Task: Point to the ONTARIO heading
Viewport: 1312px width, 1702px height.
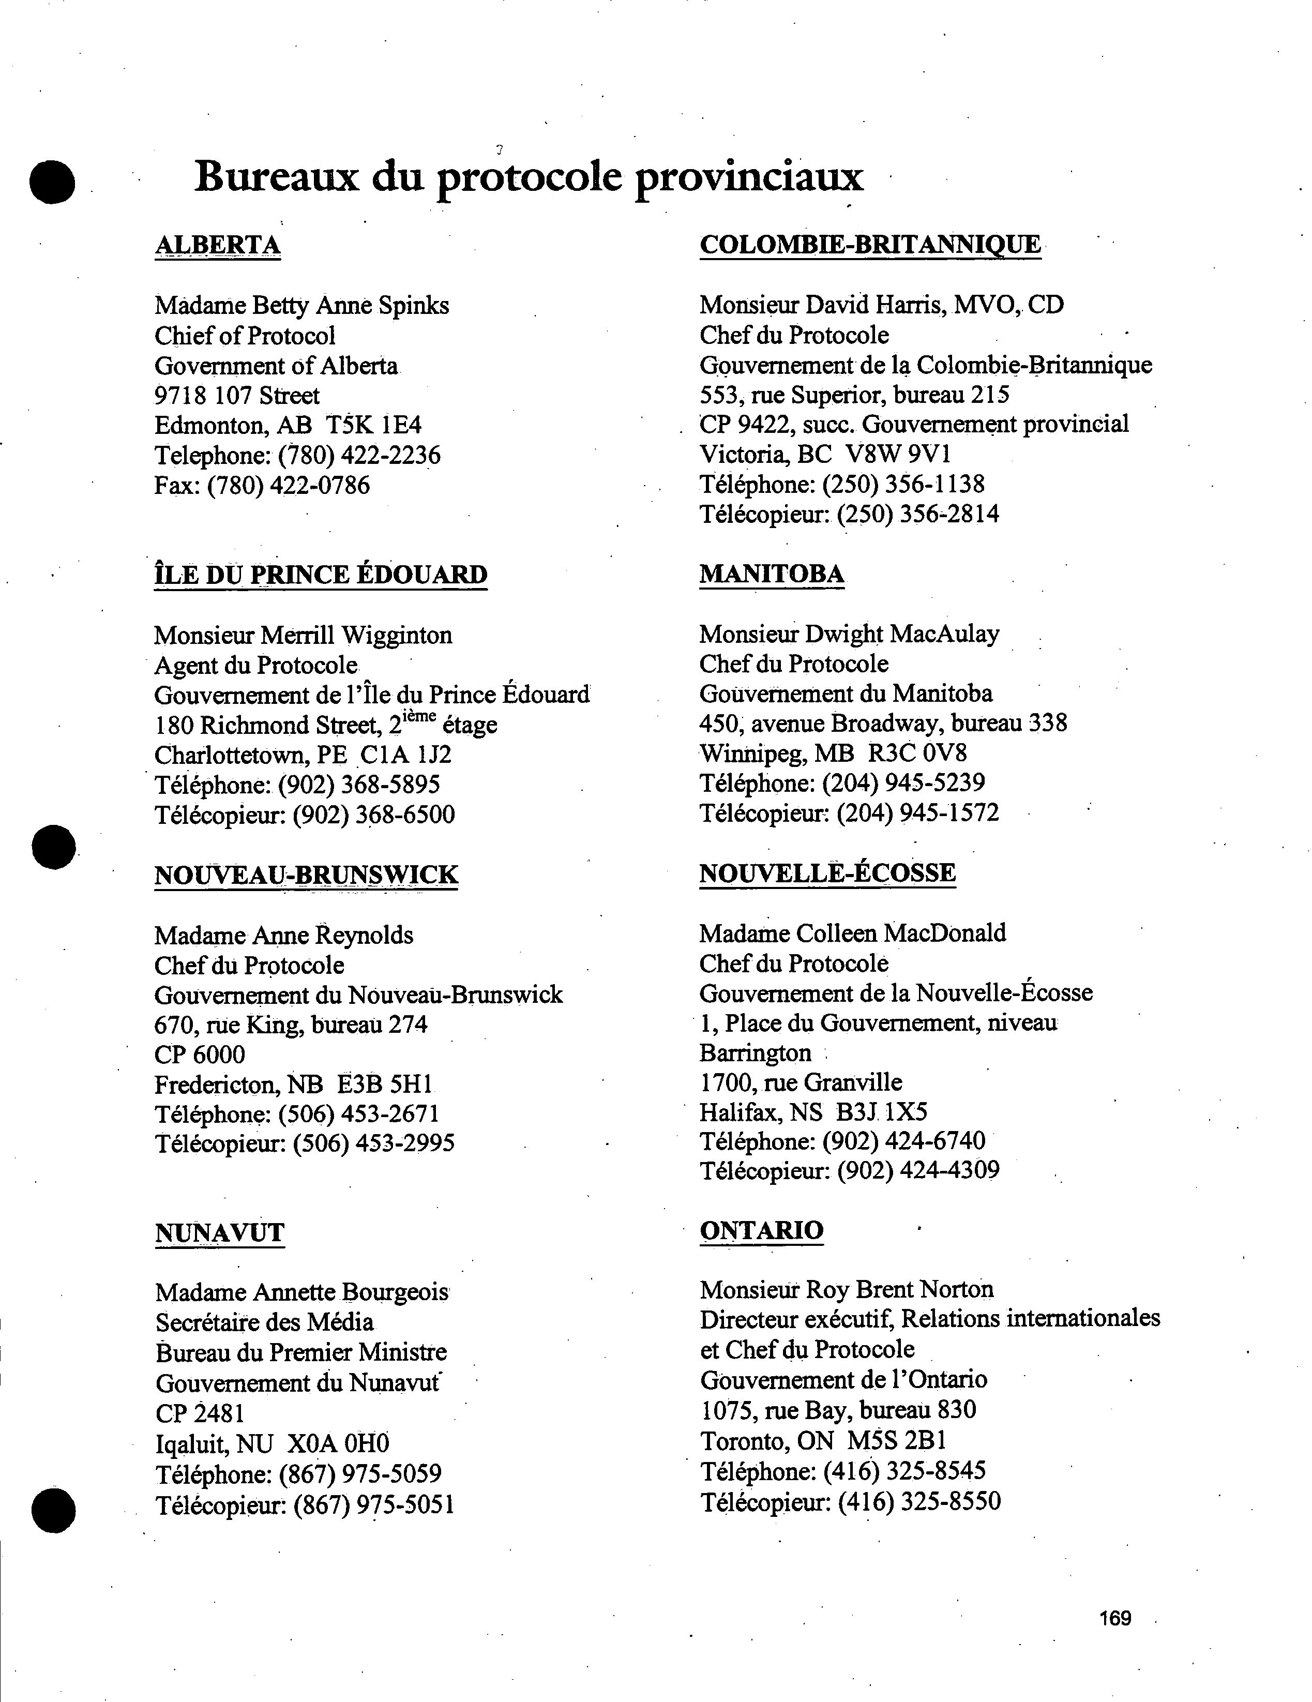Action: (x=761, y=1230)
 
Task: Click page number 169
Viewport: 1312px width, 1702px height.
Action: (x=1115, y=1618)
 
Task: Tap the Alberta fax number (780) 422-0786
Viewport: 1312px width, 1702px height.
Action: (x=288, y=486)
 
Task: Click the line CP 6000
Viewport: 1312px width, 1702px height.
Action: (x=200, y=1055)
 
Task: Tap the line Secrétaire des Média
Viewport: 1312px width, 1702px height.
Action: (x=264, y=1322)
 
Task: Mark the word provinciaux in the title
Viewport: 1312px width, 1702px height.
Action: (x=749, y=177)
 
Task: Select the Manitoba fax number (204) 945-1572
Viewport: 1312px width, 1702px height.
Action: (x=918, y=813)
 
